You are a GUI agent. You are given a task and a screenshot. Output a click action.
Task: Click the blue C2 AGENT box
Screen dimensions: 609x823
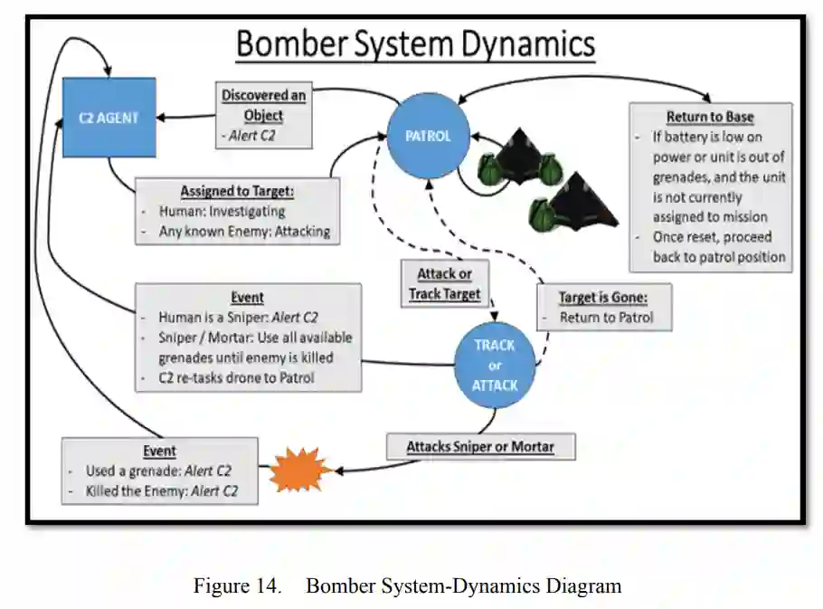tap(109, 118)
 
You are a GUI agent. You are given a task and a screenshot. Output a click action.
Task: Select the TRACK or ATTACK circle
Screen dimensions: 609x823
tap(495, 365)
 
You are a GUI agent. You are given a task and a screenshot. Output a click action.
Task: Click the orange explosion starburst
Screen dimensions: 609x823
tap(298, 468)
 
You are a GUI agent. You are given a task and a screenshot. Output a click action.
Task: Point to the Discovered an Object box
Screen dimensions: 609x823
tap(264, 115)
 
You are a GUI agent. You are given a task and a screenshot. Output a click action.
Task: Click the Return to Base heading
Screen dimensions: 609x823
tap(710, 117)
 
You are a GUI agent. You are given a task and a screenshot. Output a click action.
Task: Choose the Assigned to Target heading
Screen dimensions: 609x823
tap(238, 191)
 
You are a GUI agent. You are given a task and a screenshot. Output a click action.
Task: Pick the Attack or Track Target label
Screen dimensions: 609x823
tap(443, 283)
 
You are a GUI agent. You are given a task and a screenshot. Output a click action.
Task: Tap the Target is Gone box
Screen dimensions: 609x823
tap(603, 307)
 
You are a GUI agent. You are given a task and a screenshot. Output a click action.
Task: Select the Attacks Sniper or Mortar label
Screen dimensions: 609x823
tap(479, 446)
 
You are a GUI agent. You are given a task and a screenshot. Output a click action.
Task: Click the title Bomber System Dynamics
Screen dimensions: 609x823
tap(415, 44)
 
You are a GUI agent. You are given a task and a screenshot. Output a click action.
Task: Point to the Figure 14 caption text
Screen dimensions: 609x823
tap(407, 585)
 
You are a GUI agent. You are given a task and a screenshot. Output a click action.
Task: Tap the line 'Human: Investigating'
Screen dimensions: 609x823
tap(221, 211)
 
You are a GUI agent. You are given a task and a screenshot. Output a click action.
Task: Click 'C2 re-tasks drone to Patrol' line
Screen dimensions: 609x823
tap(236, 377)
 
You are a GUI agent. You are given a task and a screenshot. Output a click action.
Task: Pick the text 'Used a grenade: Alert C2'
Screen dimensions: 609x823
tap(156, 471)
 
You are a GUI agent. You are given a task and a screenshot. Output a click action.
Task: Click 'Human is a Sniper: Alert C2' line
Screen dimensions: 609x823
tap(238, 318)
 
